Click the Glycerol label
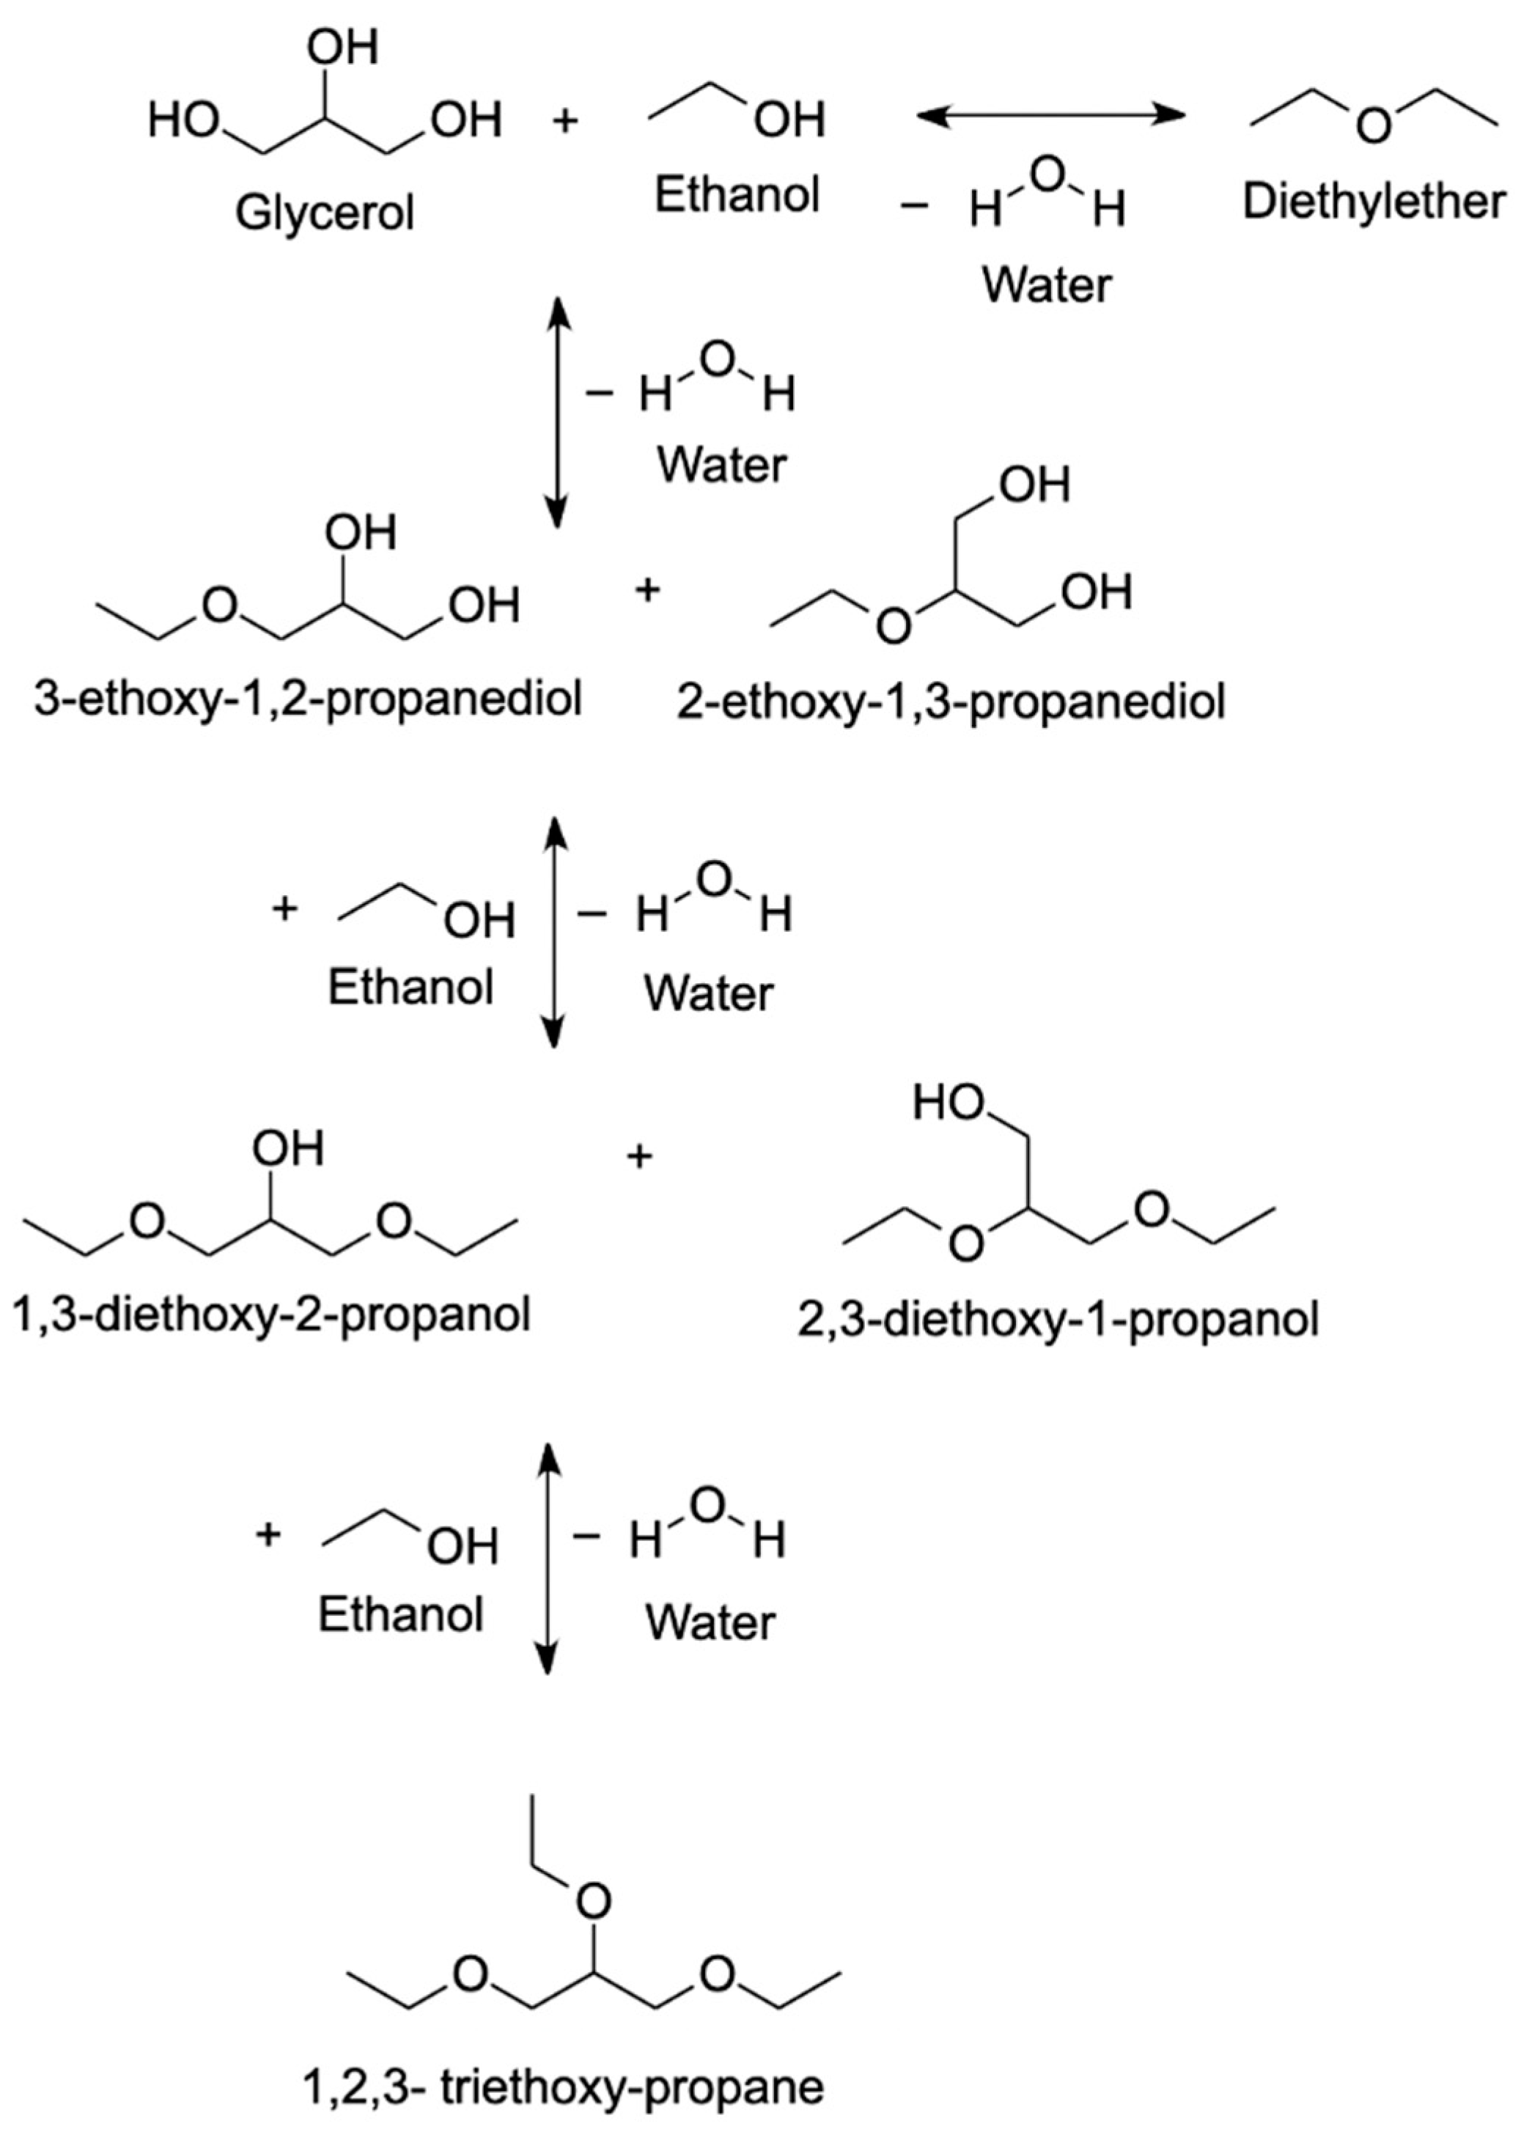point(324,213)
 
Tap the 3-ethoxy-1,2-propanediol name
point(308,699)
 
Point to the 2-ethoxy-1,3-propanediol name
point(950,702)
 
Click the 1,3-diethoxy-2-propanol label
point(271,1314)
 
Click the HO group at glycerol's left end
point(183,121)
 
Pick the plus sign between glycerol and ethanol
point(565,120)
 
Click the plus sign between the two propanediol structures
point(647,592)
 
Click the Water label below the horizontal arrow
point(1047,284)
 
